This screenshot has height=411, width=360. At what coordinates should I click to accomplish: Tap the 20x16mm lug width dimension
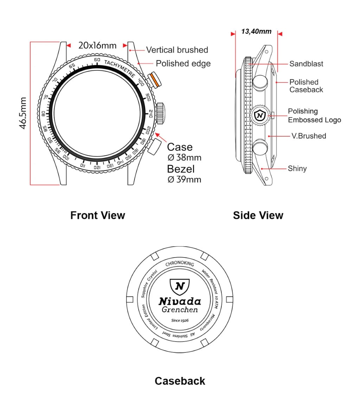[x=97, y=45]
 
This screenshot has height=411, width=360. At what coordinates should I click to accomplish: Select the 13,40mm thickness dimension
[x=256, y=32]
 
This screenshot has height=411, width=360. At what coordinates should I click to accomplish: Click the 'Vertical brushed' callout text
[x=177, y=50]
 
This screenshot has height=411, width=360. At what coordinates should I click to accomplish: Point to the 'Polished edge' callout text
[x=183, y=64]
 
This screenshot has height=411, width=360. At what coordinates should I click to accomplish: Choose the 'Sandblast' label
[x=306, y=64]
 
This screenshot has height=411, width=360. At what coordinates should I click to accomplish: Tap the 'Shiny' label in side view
[x=297, y=168]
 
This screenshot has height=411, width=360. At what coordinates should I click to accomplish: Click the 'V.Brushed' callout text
[x=309, y=136]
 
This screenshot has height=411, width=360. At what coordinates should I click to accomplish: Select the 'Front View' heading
[x=97, y=215]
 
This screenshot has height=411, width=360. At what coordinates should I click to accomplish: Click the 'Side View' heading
[x=258, y=215]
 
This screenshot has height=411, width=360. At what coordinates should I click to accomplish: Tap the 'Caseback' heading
[x=180, y=381]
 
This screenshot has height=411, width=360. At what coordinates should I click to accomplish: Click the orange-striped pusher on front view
[x=155, y=80]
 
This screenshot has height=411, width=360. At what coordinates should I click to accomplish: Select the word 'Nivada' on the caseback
[x=180, y=301]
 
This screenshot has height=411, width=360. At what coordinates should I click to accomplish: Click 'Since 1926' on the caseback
[x=180, y=320]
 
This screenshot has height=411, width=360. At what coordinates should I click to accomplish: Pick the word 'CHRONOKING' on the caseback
[x=179, y=264]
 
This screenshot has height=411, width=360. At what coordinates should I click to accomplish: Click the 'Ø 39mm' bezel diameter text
[x=185, y=180]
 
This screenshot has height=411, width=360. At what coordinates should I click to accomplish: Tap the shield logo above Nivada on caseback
[x=179, y=286]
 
